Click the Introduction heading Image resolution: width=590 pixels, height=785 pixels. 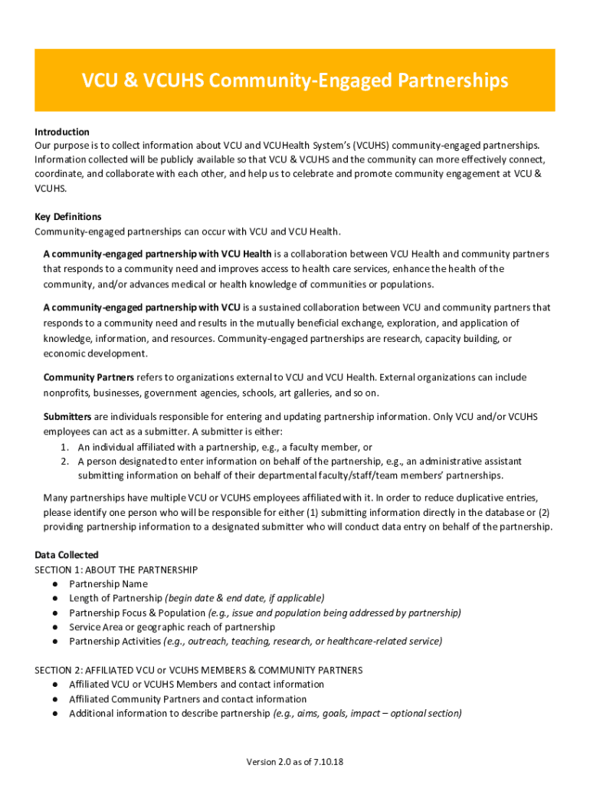62,132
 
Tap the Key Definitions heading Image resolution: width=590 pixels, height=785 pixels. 68,217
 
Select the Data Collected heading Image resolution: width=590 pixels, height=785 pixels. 67,555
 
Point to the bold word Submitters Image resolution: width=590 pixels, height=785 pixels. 67,416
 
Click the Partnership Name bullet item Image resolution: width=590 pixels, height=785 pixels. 108,584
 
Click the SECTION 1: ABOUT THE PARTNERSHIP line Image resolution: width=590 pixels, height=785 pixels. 116,570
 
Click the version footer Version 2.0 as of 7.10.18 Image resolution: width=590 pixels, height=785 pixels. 295,762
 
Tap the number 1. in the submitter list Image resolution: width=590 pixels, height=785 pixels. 65,447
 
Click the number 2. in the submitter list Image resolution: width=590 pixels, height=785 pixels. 65,461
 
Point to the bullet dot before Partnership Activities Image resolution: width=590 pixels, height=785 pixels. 55,641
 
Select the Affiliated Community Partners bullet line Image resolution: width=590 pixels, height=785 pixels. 188,699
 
